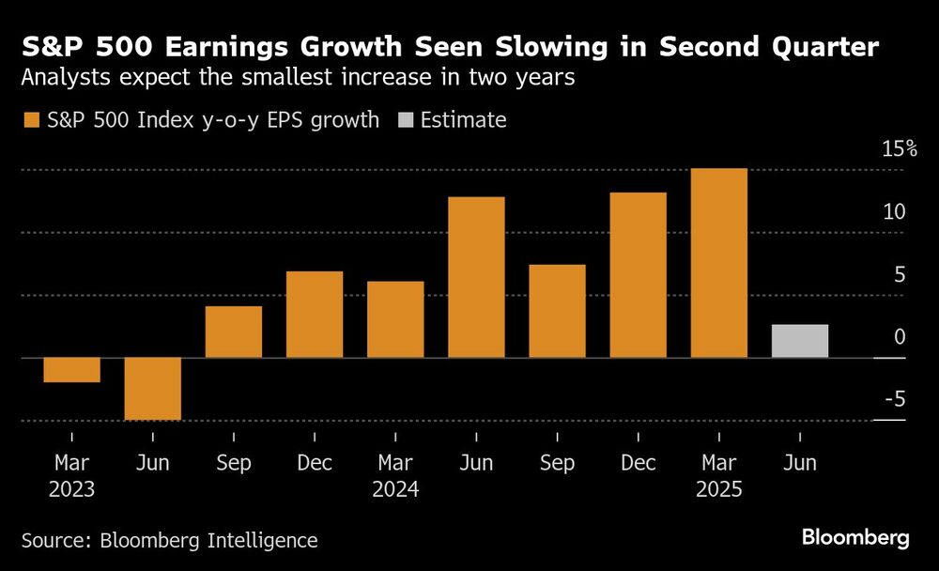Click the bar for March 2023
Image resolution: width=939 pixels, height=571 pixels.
tap(71, 370)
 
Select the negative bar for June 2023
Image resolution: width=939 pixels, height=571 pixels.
tap(152, 389)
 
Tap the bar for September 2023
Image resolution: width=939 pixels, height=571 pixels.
tap(233, 332)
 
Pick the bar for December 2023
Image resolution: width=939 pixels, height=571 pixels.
tap(315, 315)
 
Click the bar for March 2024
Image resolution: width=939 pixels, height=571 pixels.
tap(395, 319)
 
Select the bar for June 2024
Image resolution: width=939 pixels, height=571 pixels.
tap(476, 277)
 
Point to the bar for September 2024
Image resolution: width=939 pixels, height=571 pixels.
tap(557, 311)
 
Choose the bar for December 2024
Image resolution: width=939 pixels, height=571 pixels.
tap(638, 275)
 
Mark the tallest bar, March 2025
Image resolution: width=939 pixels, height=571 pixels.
tap(719, 263)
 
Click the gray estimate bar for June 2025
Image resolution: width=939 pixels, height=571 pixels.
tap(800, 341)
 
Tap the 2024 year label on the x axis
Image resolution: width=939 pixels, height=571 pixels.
tap(395, 490)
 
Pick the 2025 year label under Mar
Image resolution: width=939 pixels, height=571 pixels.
tap(719, 490)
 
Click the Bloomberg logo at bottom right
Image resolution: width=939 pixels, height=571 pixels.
tap(855, 538)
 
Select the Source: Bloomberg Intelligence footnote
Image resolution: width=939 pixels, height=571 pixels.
tap(169, 540)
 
